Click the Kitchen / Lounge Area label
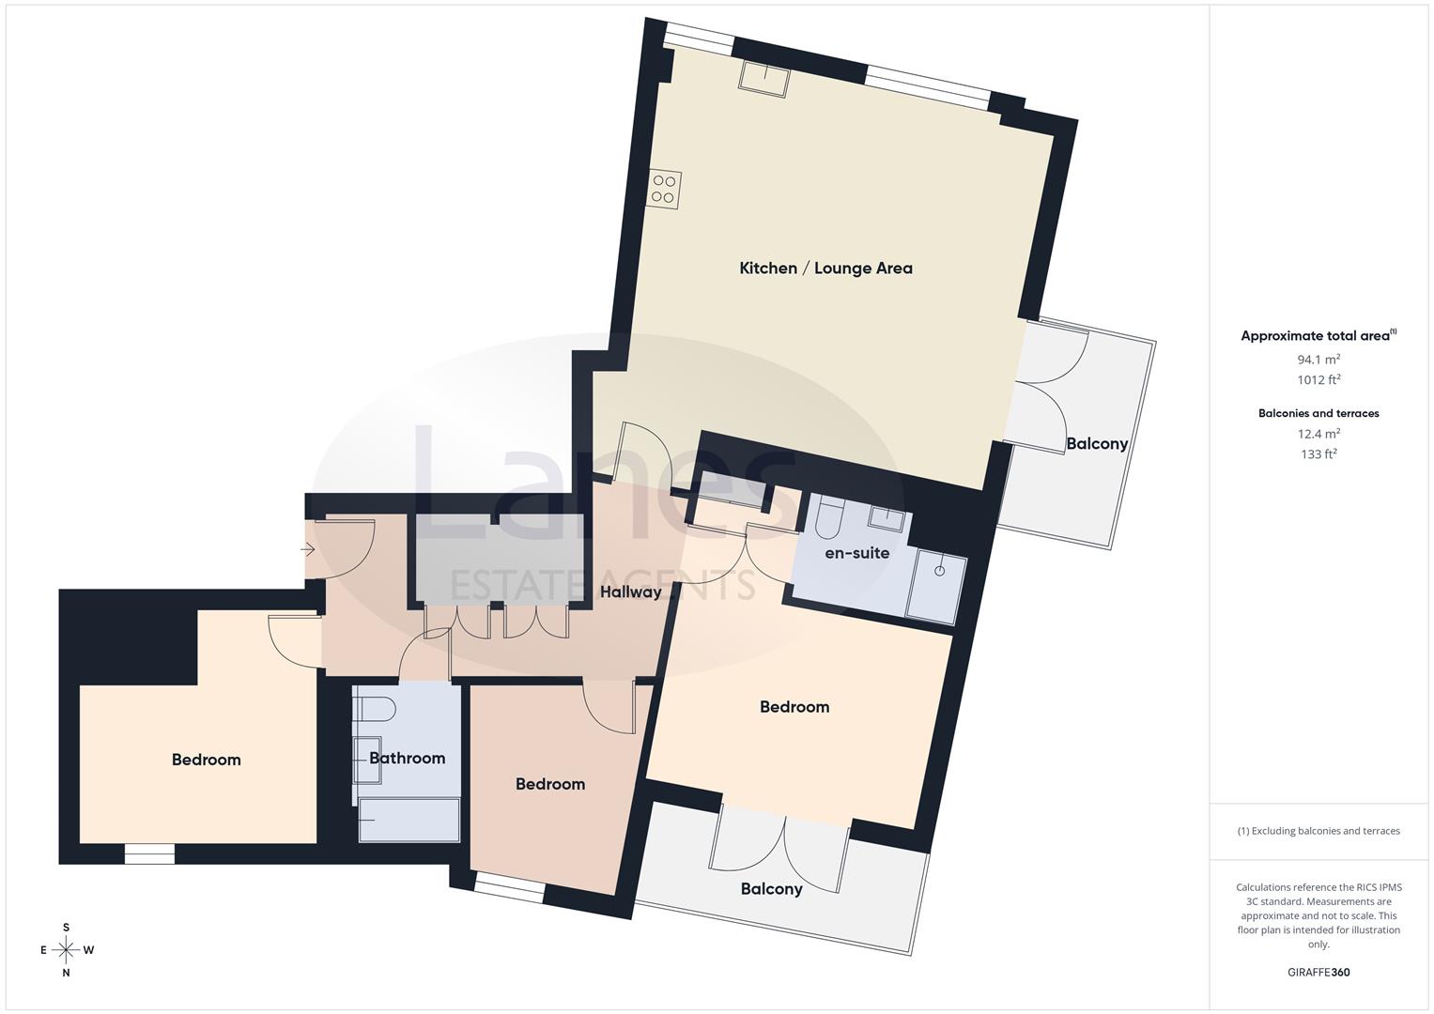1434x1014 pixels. click(825, 268)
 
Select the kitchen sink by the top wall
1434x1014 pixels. click(763, 77)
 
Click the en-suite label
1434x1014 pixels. click(856, 553)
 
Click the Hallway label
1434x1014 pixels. click(631, 591)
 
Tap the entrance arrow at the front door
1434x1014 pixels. click(309, 550)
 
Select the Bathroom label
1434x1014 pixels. click(407, 758)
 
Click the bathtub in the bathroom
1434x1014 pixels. click(409, 820)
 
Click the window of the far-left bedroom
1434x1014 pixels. click(149, 853)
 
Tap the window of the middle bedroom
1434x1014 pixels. click(509, 888)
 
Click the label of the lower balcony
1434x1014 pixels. click(771, 888)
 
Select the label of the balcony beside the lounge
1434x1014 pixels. click(1096, 443)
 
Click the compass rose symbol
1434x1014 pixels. click(66, 949)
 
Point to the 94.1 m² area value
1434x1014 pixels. click(1318, 359)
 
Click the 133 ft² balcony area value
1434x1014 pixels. click(1318, 453)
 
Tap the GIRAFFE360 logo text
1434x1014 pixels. click(1318, 972)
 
